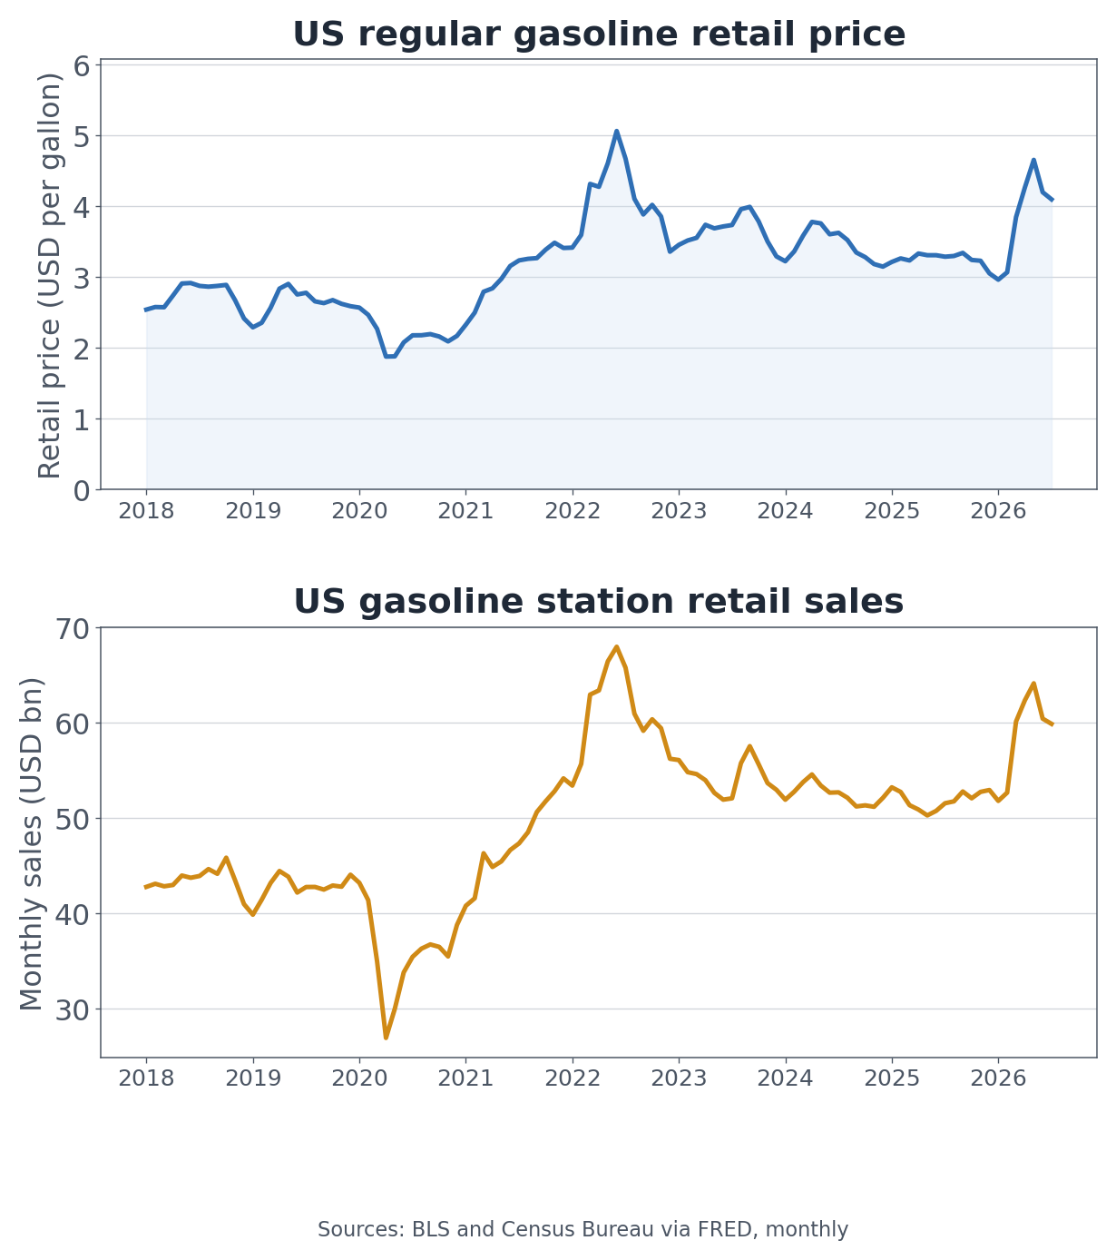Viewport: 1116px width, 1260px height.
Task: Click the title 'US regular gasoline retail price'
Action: click(599, 34)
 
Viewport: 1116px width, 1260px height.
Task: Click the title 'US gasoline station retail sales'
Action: click(598, 601)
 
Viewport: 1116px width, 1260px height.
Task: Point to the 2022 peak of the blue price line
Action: click(616, 131)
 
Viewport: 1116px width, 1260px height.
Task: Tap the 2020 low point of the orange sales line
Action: click(387, 1038)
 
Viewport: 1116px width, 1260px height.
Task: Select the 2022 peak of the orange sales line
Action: click(616, 646)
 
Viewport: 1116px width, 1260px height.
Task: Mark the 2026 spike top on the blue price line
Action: click(1033, 160)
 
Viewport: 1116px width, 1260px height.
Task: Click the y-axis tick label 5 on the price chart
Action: click(82, 136)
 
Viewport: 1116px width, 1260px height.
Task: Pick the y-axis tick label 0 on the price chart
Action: click(82, 491)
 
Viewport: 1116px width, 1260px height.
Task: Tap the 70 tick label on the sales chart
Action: click(73, 629)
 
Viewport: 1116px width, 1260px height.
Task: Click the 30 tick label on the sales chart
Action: click(73, 1010)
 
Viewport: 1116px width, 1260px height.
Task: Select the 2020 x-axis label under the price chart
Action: click(359, 510)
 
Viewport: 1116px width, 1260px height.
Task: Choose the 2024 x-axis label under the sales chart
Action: click(785, 1078)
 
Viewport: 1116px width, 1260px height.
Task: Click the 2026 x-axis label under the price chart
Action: click(998, 510)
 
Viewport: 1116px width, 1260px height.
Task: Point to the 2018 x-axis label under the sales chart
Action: click(146, 1078)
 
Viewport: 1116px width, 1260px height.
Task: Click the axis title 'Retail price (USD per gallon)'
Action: click(49, 275)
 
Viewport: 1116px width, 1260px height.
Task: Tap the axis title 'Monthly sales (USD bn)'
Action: click(31, 844)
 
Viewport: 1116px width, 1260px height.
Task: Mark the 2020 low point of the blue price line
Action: click(390, 357)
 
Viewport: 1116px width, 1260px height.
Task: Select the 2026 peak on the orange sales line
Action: click(1033, 684)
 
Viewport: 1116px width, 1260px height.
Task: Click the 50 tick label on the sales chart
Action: click(73, 820)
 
